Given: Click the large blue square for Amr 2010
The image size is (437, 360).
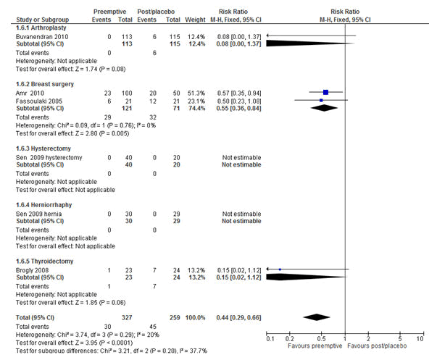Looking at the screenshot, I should click(326, 92).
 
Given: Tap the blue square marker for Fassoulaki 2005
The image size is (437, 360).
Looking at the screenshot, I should click(321, 100).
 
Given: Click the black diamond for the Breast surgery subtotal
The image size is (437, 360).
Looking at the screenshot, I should click(324, 108).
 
